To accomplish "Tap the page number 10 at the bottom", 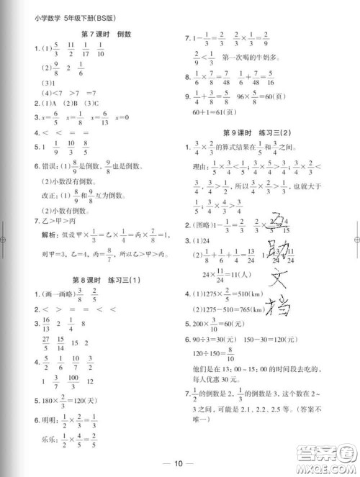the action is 180,463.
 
